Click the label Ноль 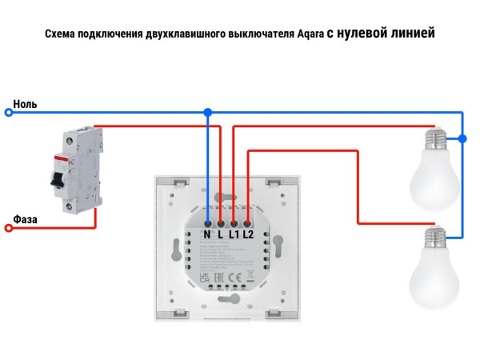tap(25, 104)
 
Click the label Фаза tap(26, 218)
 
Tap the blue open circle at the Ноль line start tap(9, 113)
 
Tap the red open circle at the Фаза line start tap(9, 228)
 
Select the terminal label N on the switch tap(206, 235)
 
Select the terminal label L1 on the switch tap(234, 235)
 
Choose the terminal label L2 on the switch tap(248, 235)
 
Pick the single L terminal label tap(220, 235)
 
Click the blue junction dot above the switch tap(208, 113)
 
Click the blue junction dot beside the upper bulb tap(463, 139)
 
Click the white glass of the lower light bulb tap(434, 280)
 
